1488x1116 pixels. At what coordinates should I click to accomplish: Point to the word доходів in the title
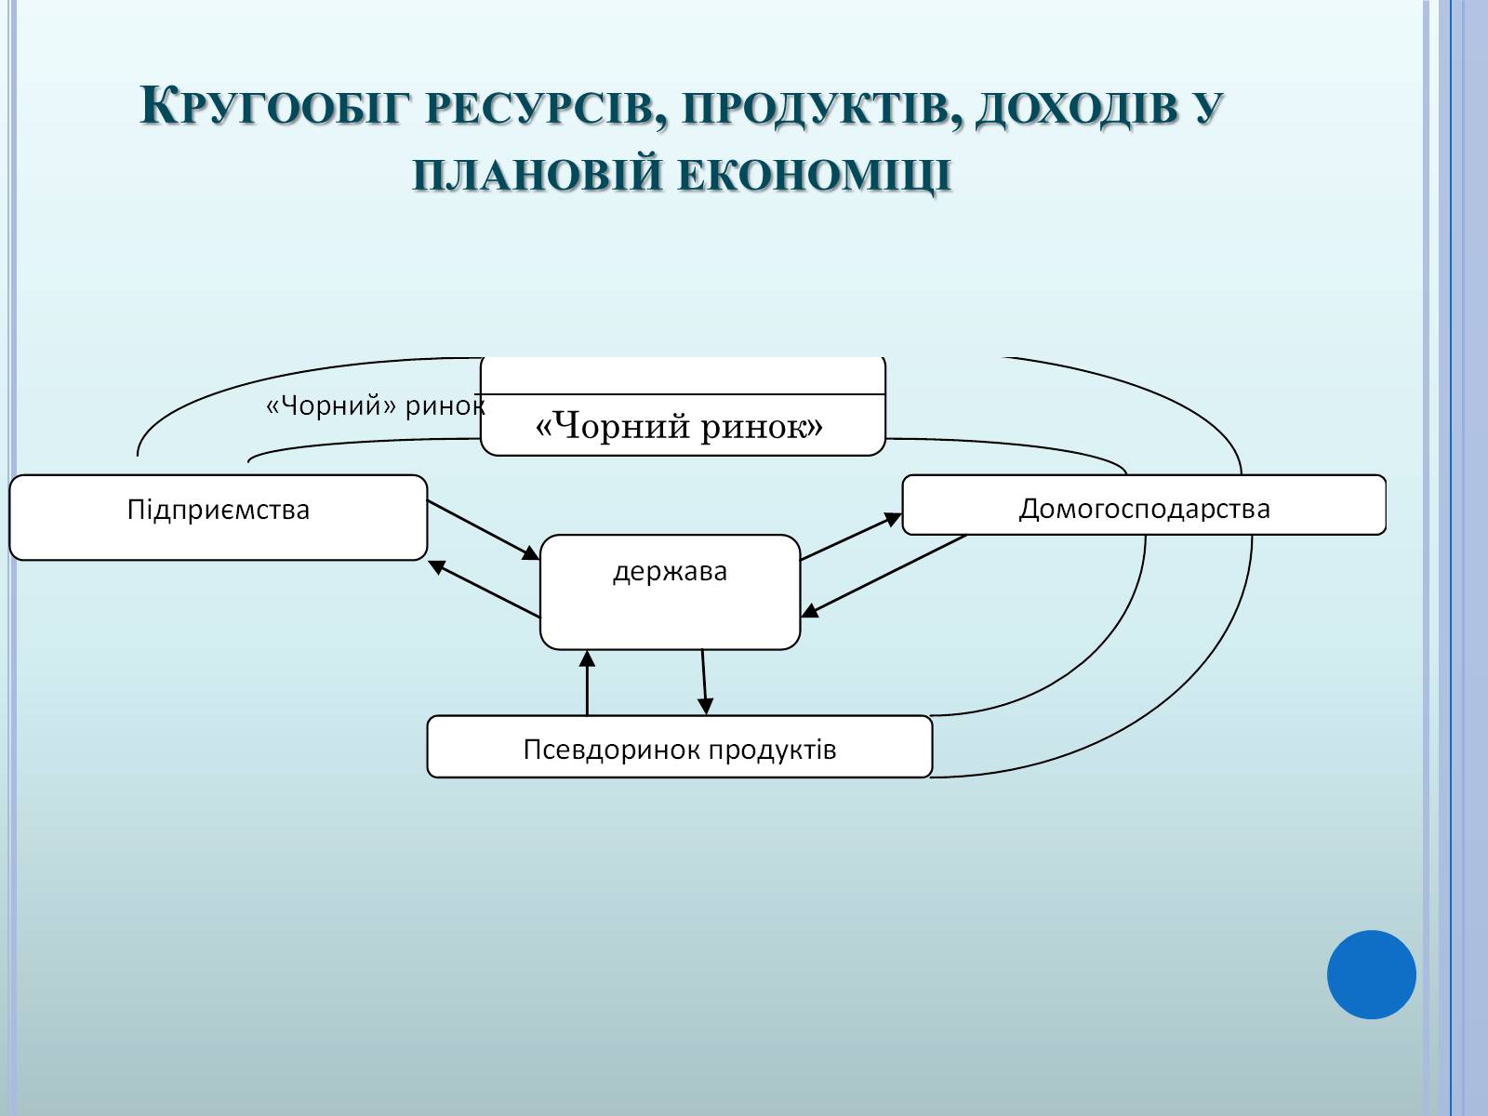click(1069, 110)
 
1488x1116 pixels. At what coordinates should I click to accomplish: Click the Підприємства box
click(219, 517)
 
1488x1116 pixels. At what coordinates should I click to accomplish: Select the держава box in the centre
click(670, 593)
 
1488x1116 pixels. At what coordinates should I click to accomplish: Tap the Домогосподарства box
click(1144, 506)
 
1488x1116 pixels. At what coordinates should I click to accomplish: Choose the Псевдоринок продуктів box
click(679, 747)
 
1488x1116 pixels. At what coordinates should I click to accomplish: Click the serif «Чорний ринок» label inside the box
click(680, 426)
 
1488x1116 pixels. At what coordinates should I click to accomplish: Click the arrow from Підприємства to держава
click(483, 530)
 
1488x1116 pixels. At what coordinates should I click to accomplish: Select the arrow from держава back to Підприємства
click(485, 589)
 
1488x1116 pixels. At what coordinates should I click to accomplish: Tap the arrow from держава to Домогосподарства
click(851, 537)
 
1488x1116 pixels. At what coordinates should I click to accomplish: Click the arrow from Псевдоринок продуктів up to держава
click(588, 683)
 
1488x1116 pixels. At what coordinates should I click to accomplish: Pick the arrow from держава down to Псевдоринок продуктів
click(704, 682)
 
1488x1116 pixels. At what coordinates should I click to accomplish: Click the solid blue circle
click(1371, 974)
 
